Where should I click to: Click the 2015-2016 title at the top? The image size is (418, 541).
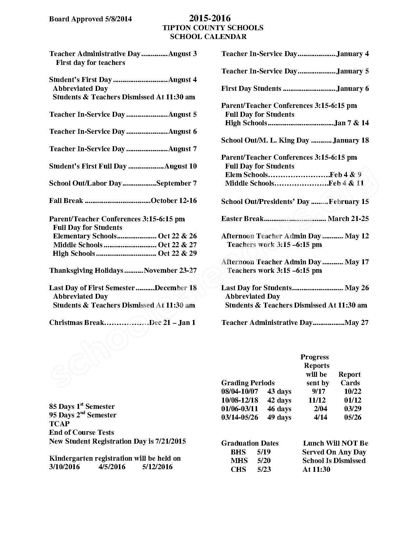coord(209,18)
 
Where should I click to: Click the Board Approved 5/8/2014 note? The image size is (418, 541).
coord(90,19)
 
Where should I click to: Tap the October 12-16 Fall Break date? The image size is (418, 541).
coord(174,201)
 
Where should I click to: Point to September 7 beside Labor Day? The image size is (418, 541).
coord(176,183)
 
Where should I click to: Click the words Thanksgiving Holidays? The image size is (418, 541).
coord(86,270)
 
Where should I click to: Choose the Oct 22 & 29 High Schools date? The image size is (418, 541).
coord(177,253)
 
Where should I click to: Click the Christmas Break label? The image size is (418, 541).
coord(76,323)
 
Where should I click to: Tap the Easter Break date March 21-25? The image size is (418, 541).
coord(348,219)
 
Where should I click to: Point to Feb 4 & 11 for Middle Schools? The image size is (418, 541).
coord(346,183)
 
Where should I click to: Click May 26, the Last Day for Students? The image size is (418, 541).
coord(357,288)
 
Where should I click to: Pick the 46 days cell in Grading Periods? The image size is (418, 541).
coord(279,409)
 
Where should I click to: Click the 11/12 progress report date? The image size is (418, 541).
coord(317,400)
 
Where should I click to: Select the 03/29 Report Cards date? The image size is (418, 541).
coord(352,409)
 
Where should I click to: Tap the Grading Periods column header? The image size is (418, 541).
coord(248,383)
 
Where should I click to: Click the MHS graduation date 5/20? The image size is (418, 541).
coord(264,461)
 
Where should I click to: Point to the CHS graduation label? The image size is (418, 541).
coord(238,470)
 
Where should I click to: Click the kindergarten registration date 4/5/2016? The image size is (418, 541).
coord(112,467)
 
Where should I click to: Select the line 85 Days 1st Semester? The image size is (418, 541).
coord(82,407)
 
